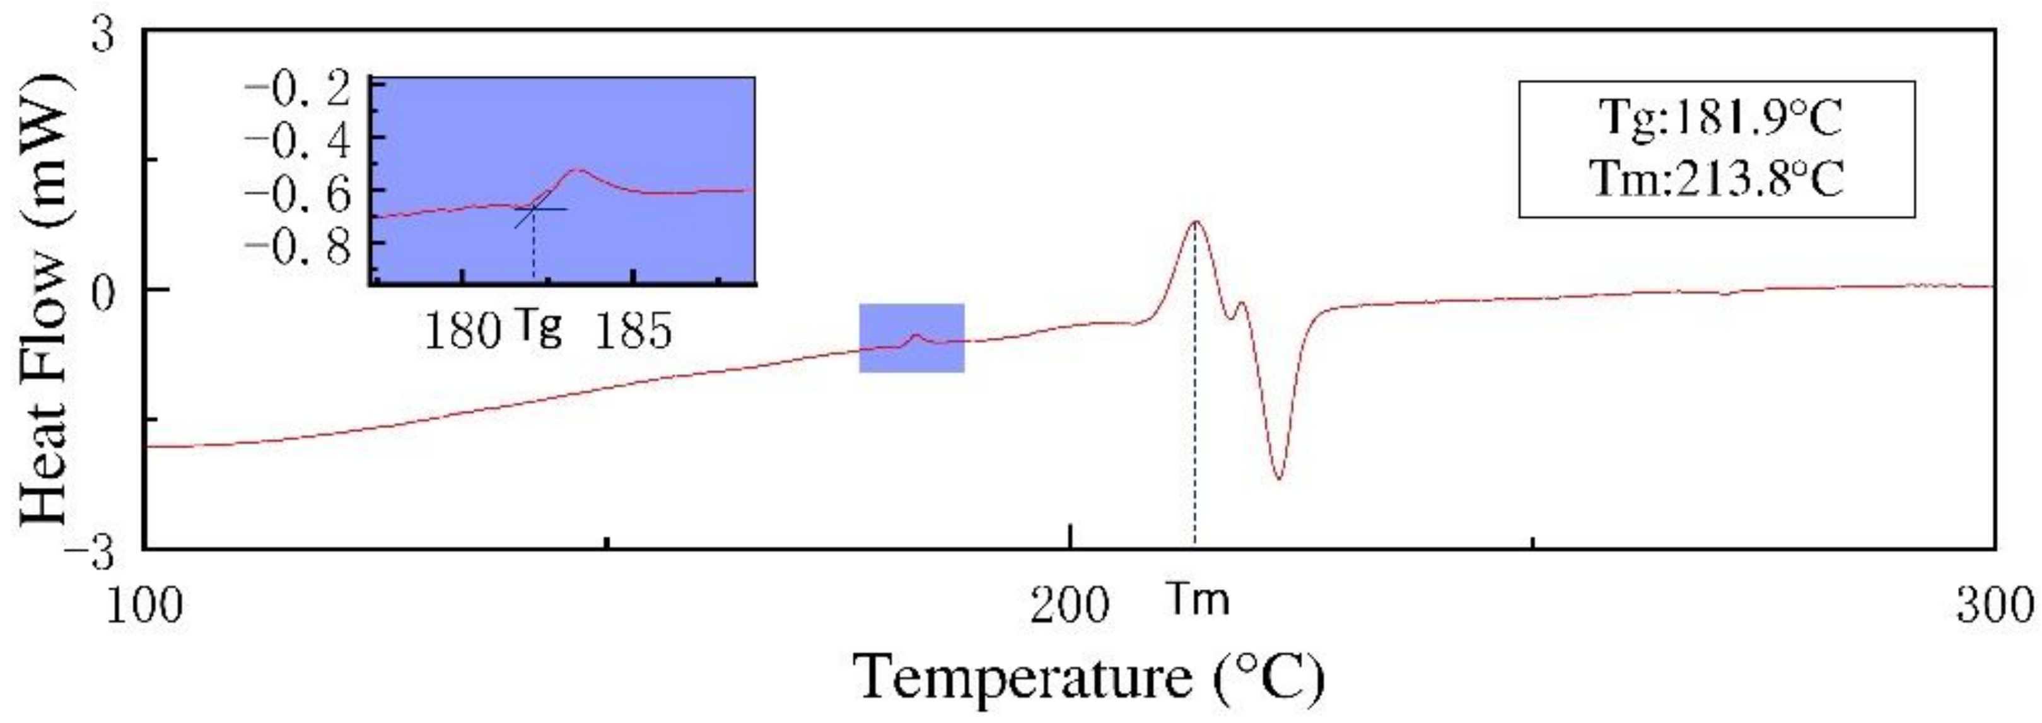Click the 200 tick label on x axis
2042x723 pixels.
[x=1070, y=606]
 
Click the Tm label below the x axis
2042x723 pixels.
[x=1199, y=600]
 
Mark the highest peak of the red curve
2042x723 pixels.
[x=1194, y=222]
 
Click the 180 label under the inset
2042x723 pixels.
[x=462, y=331]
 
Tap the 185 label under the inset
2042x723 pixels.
[x=633, y=331]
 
